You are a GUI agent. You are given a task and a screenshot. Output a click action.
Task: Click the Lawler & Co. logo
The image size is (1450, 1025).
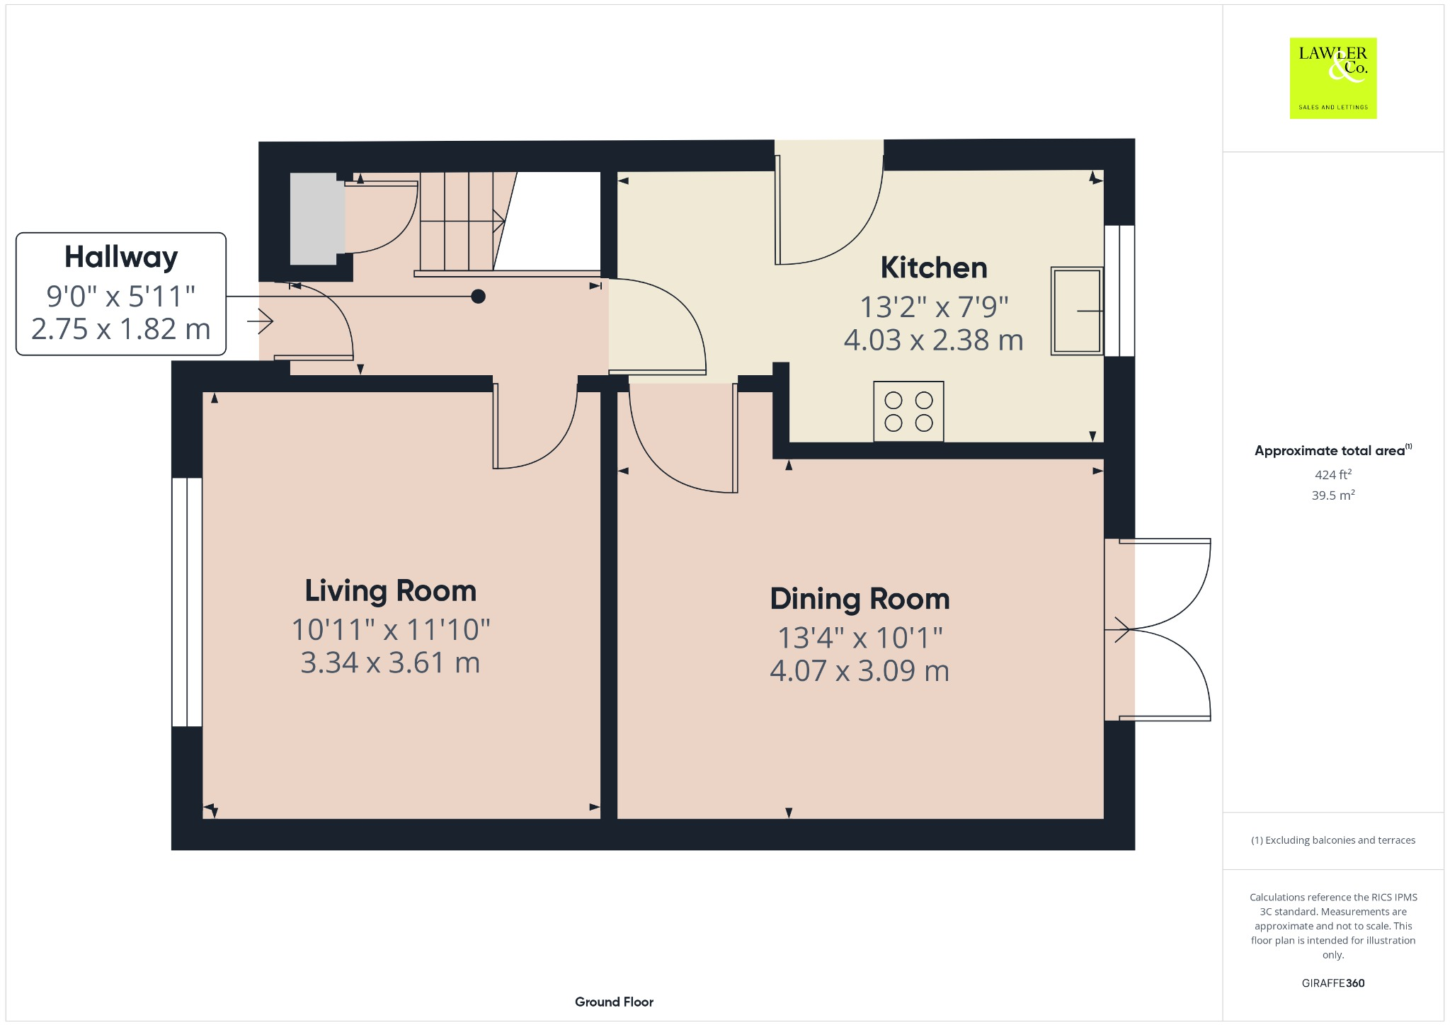1332,78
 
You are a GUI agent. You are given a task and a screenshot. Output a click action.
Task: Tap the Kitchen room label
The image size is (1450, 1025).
933,268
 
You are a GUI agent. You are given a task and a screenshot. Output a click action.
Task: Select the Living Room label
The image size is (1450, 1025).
390,591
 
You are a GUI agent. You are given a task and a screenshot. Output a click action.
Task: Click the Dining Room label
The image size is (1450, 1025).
860,599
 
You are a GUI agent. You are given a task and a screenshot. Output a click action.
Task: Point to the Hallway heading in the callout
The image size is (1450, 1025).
121,257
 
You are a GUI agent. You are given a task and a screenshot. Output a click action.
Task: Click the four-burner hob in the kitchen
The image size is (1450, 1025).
908,411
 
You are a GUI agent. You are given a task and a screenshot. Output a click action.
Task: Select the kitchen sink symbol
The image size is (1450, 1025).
1076,310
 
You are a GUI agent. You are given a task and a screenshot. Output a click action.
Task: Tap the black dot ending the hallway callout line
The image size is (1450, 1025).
479,297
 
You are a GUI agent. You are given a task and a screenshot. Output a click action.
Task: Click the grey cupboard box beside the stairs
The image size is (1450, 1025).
313,219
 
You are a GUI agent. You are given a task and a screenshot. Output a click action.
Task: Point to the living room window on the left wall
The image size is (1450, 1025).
187,602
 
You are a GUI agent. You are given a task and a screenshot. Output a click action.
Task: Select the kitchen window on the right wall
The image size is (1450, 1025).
1119,290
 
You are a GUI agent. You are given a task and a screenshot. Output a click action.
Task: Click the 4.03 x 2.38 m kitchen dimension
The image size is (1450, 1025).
933,340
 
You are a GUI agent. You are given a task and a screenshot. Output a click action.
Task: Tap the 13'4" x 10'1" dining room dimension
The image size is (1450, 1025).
860,638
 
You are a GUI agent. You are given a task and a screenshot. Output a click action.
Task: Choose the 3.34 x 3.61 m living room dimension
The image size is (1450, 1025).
390,663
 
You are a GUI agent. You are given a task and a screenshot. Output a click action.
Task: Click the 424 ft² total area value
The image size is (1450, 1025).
1332,474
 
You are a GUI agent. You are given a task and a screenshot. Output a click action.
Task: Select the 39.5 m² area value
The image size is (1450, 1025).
1332,496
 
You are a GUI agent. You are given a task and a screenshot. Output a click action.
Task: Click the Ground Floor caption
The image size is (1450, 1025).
614,1002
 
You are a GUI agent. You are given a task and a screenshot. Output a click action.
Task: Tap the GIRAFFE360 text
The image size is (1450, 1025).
1332,983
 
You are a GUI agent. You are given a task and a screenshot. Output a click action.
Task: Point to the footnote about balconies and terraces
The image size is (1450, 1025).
1332,840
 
